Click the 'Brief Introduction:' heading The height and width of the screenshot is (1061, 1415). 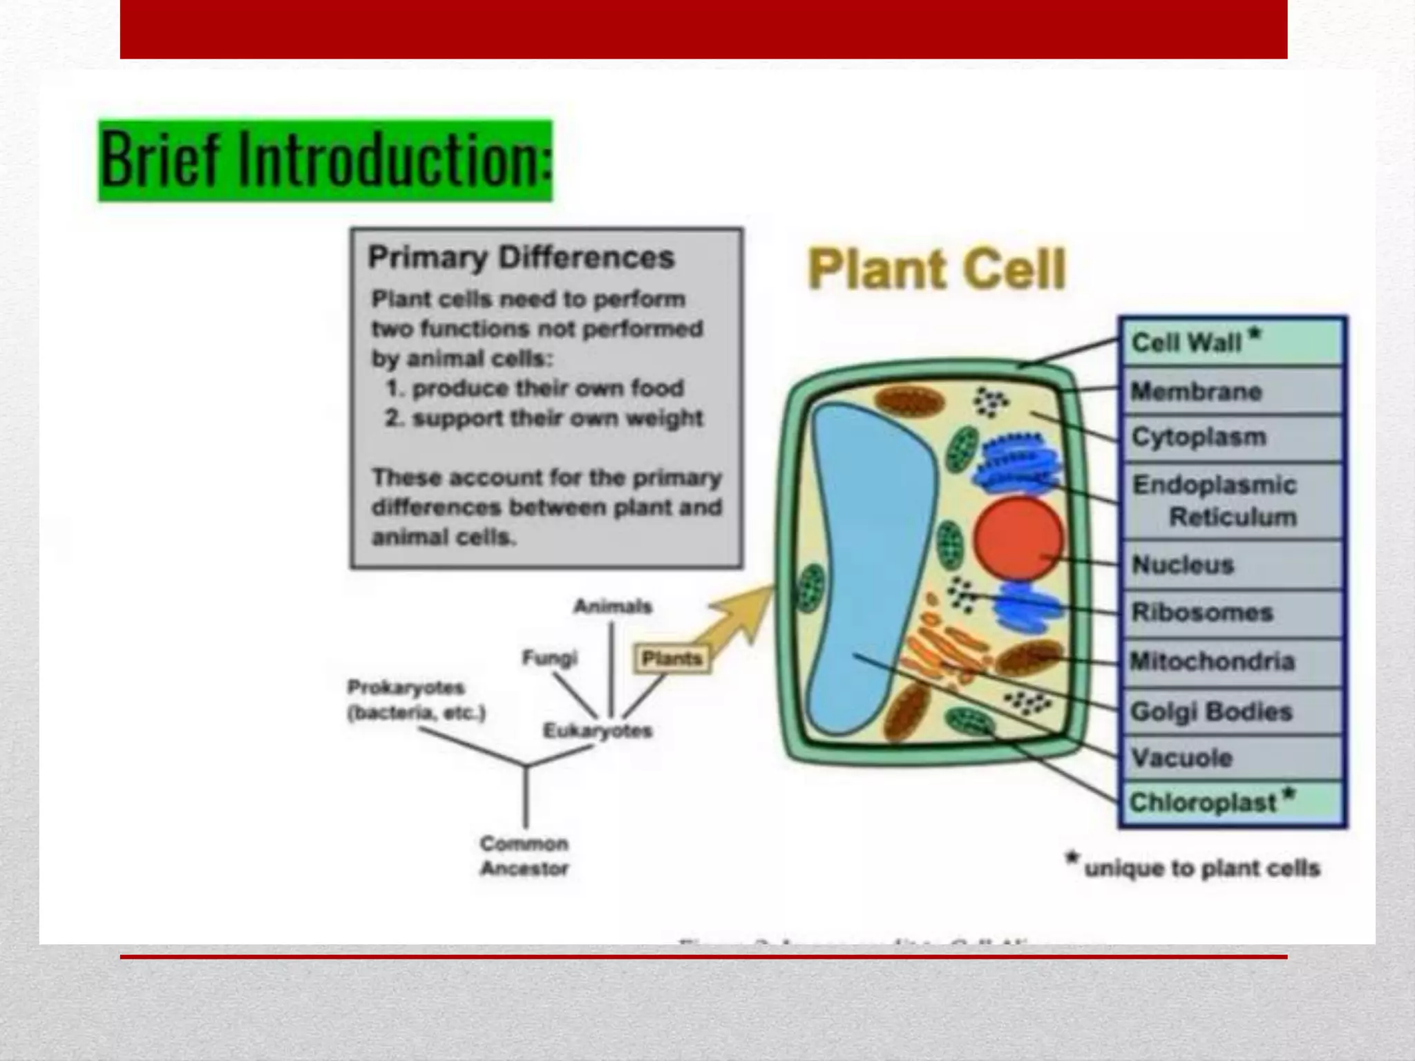(325, 160)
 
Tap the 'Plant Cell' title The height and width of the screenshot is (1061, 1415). (936, 269)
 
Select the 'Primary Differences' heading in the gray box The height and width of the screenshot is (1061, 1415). (521, 257)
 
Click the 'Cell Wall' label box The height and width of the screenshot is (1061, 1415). (1232, 342)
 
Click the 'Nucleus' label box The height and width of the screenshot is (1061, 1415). (1232, 565)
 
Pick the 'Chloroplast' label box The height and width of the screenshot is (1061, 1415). (1232, 803)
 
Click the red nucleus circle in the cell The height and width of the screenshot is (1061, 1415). (1018, 539)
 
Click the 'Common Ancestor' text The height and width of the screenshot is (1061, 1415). (524, 856)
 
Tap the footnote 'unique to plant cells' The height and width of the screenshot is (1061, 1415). (1201, 868)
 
